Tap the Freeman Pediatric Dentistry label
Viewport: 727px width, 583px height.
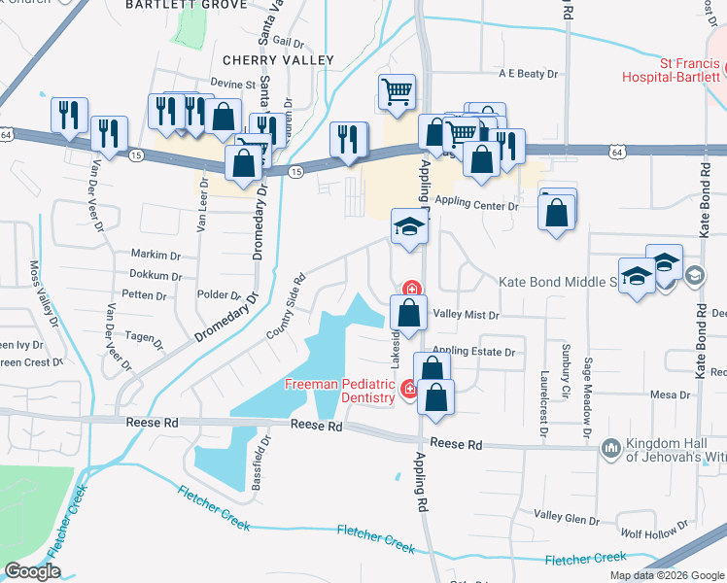click(x=340, y=391)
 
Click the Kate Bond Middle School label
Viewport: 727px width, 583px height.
click(x=558, y=282)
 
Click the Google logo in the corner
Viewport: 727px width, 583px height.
click(x=32, y=571)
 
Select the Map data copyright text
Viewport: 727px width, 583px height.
click(x=667, y=575)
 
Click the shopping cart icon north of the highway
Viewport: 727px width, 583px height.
click(x=397, y=92)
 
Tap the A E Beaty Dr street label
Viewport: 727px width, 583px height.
click(x=528, y=74)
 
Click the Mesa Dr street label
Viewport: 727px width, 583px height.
click(x=670, y=394)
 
